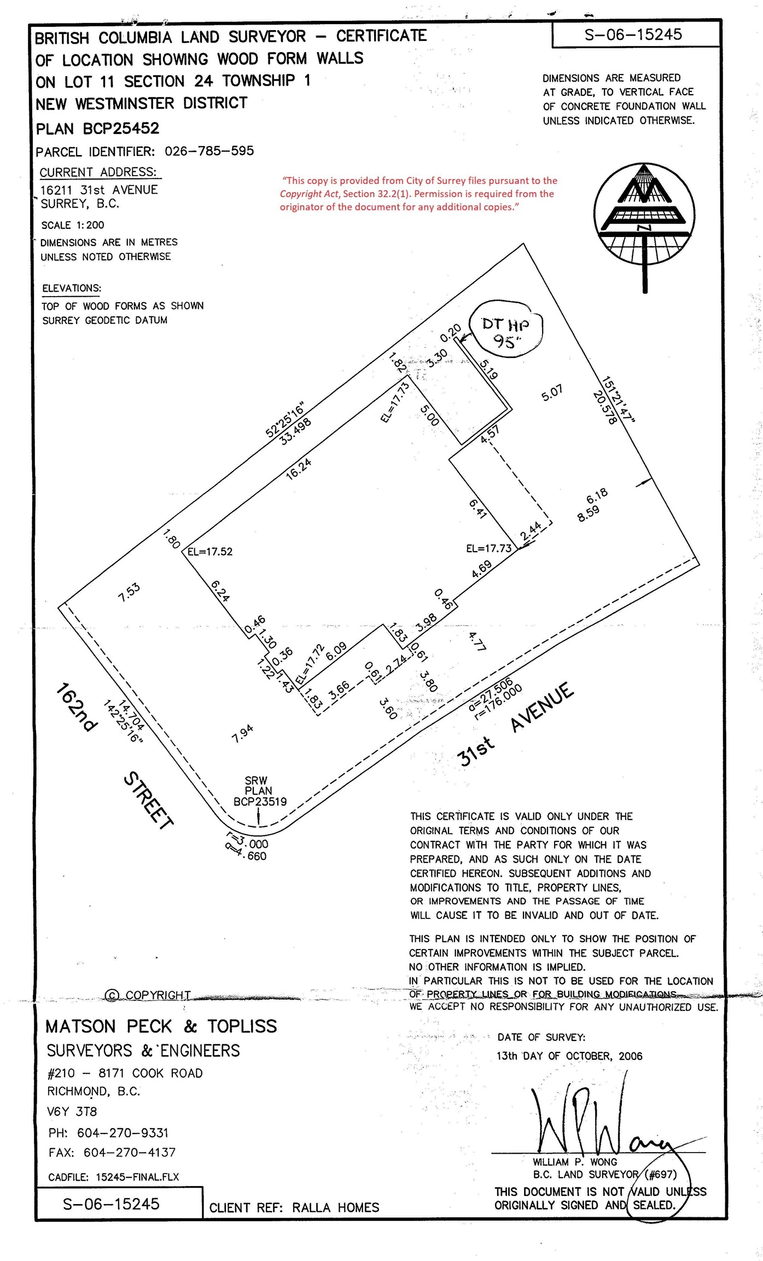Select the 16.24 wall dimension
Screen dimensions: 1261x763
tap(299, 468)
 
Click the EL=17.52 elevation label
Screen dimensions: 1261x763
tap(210, 552)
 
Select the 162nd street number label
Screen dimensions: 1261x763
tap(77, 707)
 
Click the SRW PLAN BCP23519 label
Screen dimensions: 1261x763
tap(259, 791)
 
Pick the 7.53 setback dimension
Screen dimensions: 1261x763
tap(130, 592)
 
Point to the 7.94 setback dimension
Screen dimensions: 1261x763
tap(242, 733)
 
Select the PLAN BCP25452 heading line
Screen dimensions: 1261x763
tap(97, 129)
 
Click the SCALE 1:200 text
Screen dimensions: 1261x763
tap(72, 225)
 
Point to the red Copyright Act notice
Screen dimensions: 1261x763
tap(418, 194)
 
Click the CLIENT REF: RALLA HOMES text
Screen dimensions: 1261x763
tap(294, 1207)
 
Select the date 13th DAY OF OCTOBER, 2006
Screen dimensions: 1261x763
tap(569, 1056)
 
